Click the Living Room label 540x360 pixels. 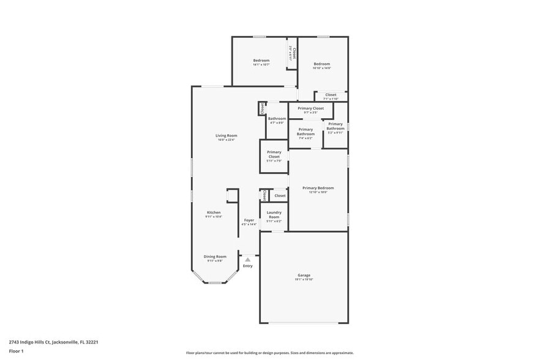tap(226, 135)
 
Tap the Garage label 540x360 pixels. tap(304, 275)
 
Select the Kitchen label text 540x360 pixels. tap(213, 212)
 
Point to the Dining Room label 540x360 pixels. tap(215, 257)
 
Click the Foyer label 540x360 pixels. tap(249, 220)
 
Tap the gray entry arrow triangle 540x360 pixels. tap(248, 260)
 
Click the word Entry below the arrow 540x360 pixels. tap(247, 266)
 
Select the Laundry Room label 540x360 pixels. tap(274, 214)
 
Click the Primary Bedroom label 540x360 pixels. tap(318, 188)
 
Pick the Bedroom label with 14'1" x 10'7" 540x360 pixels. tap(261, 61)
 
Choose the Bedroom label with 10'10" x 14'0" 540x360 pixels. tap(322, 64)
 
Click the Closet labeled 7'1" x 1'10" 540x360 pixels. tap(331, 95)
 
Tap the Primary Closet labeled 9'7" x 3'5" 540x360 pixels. tap(311, 108)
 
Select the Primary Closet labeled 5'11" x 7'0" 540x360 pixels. tap(274, 154)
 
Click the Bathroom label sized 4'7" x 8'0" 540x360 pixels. tap(277, 118)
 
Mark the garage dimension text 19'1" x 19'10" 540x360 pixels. tap(304, 279)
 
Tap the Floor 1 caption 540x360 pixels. tap(17, 351)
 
